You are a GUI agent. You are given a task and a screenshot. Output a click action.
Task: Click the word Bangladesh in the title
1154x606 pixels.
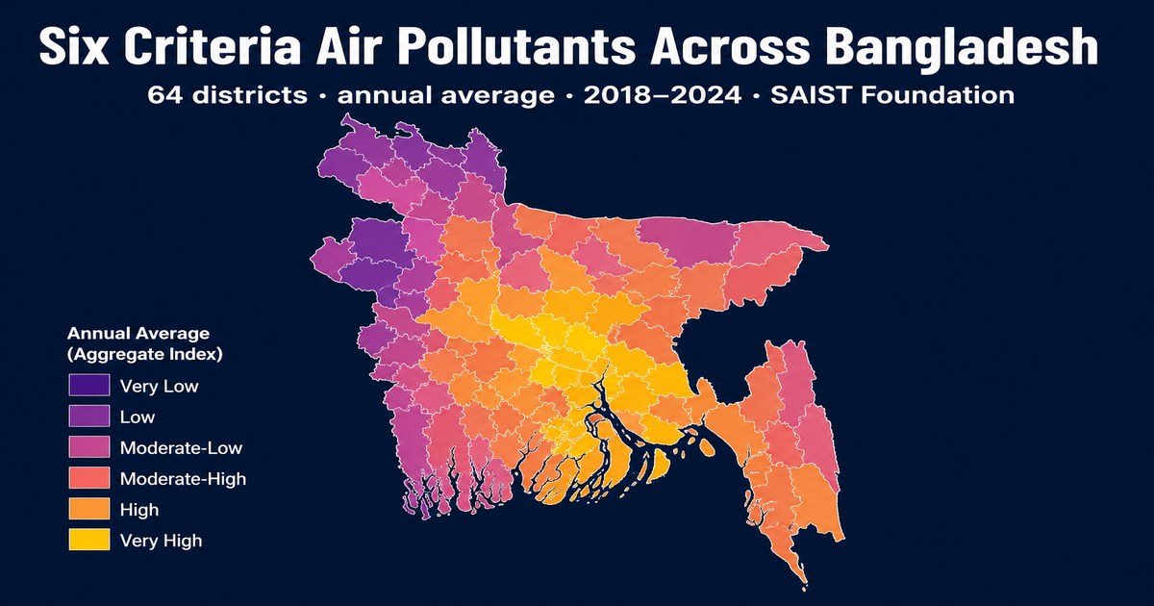[x=965, y=47]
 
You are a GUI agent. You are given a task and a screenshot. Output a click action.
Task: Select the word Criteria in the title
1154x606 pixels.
[x=212, y=46]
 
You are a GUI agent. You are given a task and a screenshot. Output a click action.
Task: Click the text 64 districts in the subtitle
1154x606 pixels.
[x=227, y=95]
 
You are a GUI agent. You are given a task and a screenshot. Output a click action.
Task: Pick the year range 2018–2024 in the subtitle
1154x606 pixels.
[x=663, y=95]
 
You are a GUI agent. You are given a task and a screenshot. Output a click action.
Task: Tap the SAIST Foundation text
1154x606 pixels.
[x=892, y=95]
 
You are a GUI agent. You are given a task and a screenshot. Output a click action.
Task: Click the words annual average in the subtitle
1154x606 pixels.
[x=446, y=96]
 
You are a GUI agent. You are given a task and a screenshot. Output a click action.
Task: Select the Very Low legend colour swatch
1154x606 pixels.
[x=89, y=385]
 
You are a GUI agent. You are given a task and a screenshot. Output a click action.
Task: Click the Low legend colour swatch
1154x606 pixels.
[x=89, y=416]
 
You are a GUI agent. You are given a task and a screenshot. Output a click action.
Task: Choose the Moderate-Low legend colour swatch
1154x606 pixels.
[x=89, y=446]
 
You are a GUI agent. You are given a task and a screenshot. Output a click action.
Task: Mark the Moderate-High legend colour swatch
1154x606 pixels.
[x=89, y=478]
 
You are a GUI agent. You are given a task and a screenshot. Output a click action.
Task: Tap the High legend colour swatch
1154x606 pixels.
[x=89, y=509]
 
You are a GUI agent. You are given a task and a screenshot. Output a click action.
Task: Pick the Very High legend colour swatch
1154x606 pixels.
[x=89, y=540]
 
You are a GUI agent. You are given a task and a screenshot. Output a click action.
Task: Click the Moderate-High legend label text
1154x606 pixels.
[x=183, y=479]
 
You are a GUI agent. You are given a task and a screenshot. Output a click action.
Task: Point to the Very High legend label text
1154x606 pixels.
[x=162, y=541]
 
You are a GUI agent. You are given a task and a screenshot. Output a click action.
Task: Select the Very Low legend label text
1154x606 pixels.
[x=160, y=386]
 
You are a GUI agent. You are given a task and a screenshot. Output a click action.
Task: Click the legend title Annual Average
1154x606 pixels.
[x=138, y=334]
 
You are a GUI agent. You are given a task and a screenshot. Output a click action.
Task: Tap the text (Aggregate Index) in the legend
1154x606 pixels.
[x=145, y=355]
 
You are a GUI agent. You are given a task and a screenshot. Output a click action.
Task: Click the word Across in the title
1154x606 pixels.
[x=732, y=46]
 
